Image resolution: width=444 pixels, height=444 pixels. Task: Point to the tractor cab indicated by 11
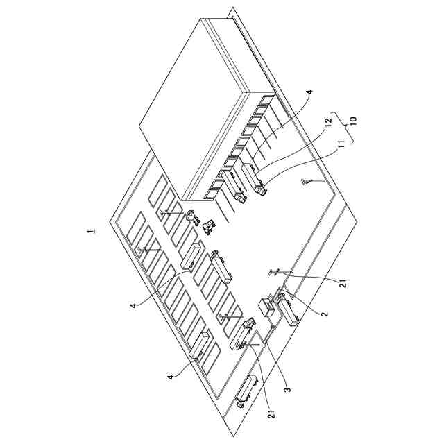coord(261,187)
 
